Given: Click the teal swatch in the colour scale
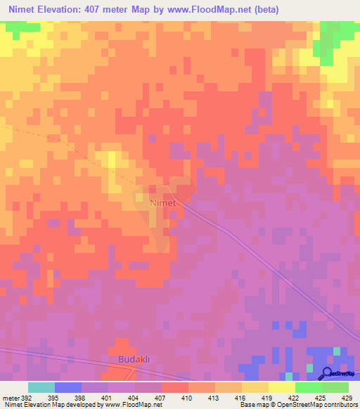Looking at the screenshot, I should (x=41, y=387).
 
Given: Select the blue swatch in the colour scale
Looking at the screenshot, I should (x=68, y=387).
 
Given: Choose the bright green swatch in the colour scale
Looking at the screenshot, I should (x=308, y=387).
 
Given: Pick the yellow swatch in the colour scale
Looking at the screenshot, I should (x=281, y=387).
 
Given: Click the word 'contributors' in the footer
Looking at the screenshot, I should (x=337, y=405).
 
